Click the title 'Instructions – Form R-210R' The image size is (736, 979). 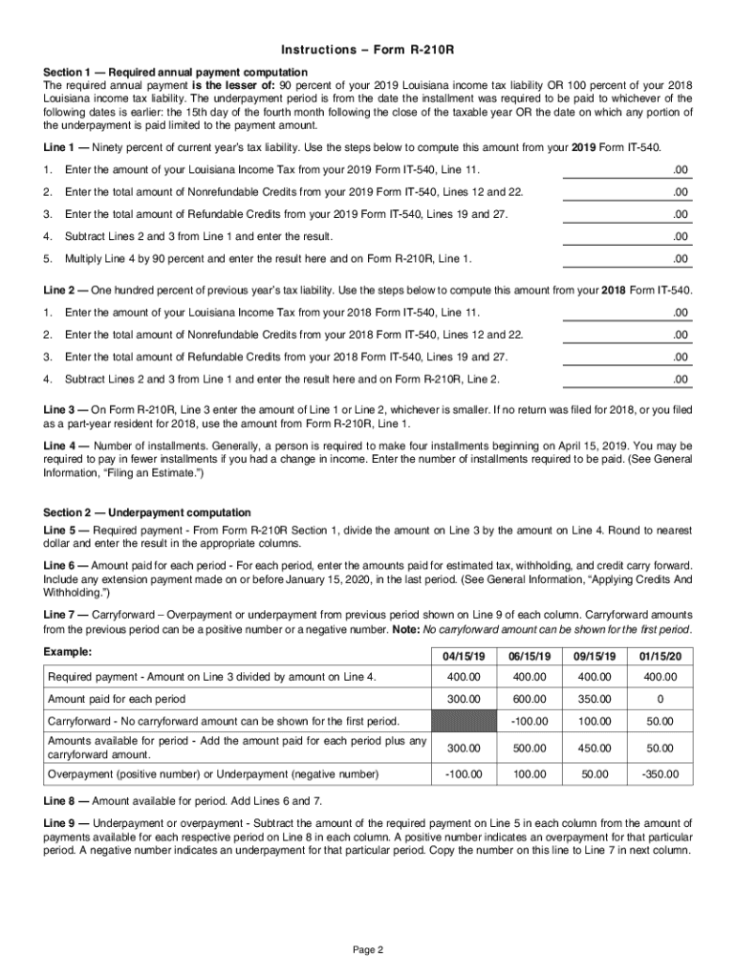[368, 50]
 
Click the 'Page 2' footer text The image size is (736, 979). [368, 949]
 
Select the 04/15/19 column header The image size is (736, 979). [465, 657]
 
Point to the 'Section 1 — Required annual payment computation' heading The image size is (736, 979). [176, 72]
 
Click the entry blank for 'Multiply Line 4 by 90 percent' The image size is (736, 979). [625, 259]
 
